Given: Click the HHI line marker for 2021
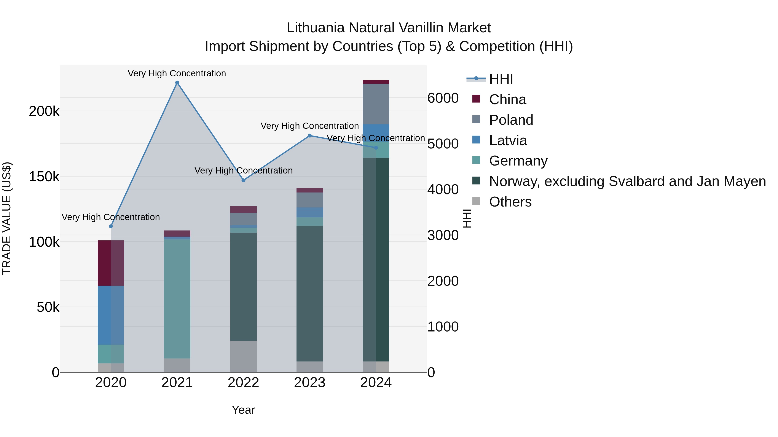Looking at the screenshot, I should (x=177, y=83).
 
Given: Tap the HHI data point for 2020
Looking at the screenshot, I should (x=111, y=226).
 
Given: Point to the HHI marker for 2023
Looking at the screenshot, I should (x=309, y=136).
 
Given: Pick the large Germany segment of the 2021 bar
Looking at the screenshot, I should (x=177, y=299).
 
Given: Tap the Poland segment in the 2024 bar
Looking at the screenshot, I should (x=376, y=104).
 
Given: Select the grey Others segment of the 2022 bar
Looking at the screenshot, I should (x=243, y=357).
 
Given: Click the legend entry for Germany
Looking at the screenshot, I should (x=518, y=161).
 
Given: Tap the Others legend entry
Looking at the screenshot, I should (x=510, y=202).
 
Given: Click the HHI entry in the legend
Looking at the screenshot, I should (x=501, y=79).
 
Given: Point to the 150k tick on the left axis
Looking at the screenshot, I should (x=44, y=177).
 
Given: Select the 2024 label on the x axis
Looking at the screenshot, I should (x=376, y=383).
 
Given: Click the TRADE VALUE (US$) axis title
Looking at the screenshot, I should (x=7, y=218).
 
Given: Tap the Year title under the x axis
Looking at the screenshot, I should (x=243, y=410).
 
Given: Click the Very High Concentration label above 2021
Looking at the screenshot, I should (x=177, y=73).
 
